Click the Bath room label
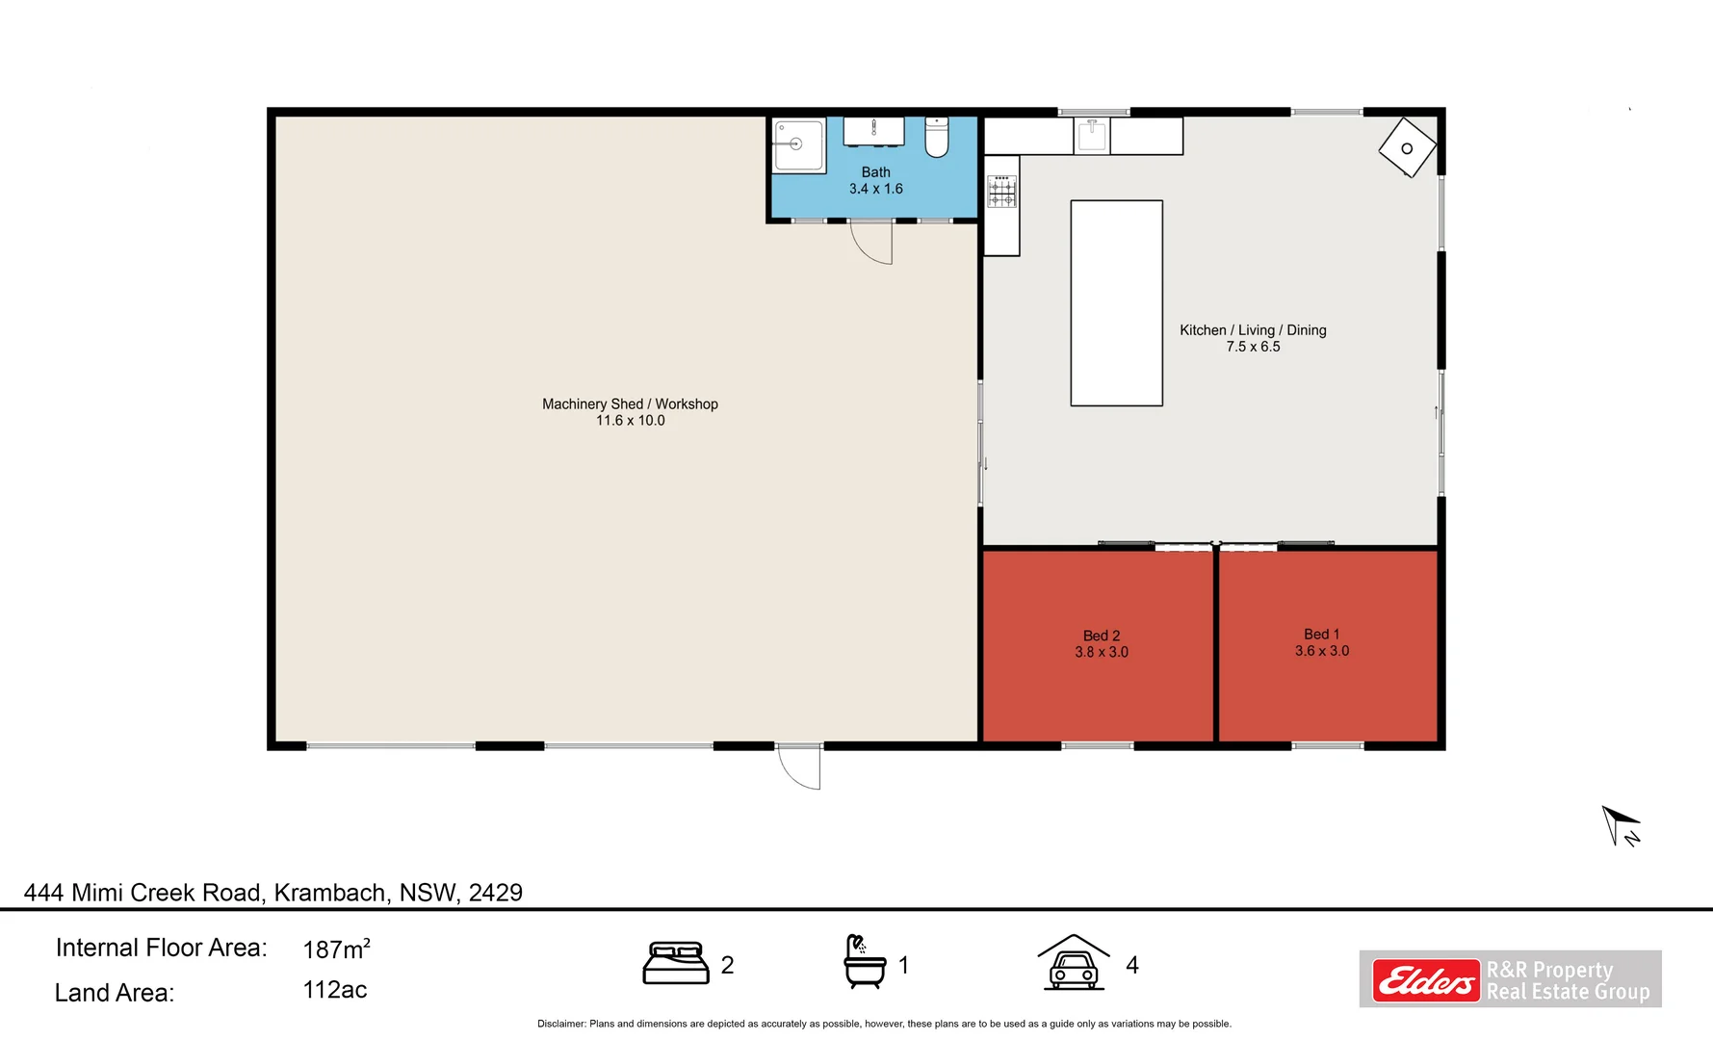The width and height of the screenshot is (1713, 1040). tap(875, 172)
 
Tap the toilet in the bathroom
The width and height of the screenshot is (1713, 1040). tap(937, 137)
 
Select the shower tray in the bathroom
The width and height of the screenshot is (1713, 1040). tap(798, 145)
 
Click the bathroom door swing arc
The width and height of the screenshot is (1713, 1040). tap(871, 243)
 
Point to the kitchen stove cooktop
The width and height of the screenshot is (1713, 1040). tap(1001, 192)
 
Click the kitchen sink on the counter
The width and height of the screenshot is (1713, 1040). tap(1092, 135)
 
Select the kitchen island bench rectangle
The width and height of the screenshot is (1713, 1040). tap(1116, 303)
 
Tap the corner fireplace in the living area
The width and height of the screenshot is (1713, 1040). tap(1407, 148)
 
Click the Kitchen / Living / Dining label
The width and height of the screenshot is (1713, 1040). tap(1253, 330)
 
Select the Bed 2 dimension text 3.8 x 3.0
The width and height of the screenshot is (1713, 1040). tap(1102, 653)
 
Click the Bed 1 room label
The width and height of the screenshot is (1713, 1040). tap(1321, 635)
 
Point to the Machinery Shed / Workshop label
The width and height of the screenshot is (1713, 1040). tap(630, 404)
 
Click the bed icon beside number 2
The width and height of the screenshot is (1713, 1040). tap(676, 964)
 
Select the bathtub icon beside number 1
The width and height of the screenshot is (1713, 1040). tap(864, 962)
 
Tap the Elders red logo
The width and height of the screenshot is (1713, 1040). tap(1425, 981)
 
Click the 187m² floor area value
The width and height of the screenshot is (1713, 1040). tap(336, 949)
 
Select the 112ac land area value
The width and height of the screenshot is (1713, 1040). tap(334, 990)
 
